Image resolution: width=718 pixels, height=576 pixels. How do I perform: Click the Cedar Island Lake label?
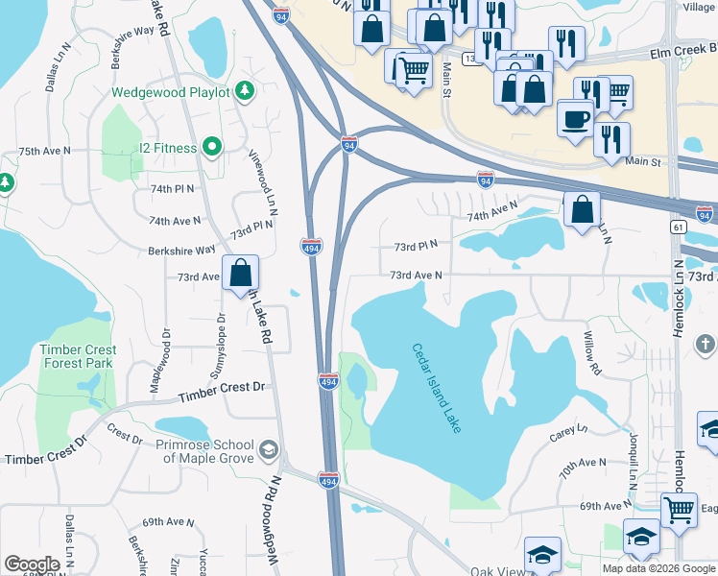(438, 388)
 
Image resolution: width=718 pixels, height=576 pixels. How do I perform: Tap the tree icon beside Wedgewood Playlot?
(246, 91)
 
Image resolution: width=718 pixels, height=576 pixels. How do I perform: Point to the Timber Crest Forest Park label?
(78, 356)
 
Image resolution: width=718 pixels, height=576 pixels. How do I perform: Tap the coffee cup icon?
(575, 119)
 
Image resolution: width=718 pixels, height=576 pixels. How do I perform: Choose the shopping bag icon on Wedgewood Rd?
(240, 272)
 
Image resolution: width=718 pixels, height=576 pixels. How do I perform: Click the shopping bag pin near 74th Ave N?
(583, 208)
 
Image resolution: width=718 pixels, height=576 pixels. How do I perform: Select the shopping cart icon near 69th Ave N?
(680, 509)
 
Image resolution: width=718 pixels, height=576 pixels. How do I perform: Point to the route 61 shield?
(679, 227)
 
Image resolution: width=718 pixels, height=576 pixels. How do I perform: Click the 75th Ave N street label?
(45, 152)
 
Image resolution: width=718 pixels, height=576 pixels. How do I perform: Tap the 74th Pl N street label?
(172, 189)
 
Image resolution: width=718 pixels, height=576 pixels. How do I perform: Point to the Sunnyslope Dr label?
(221, 342)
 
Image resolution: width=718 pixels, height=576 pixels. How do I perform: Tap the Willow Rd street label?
(591, 354)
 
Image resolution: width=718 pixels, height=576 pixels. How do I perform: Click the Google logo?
(32, 564)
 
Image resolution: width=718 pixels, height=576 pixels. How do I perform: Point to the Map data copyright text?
(658, 568)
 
